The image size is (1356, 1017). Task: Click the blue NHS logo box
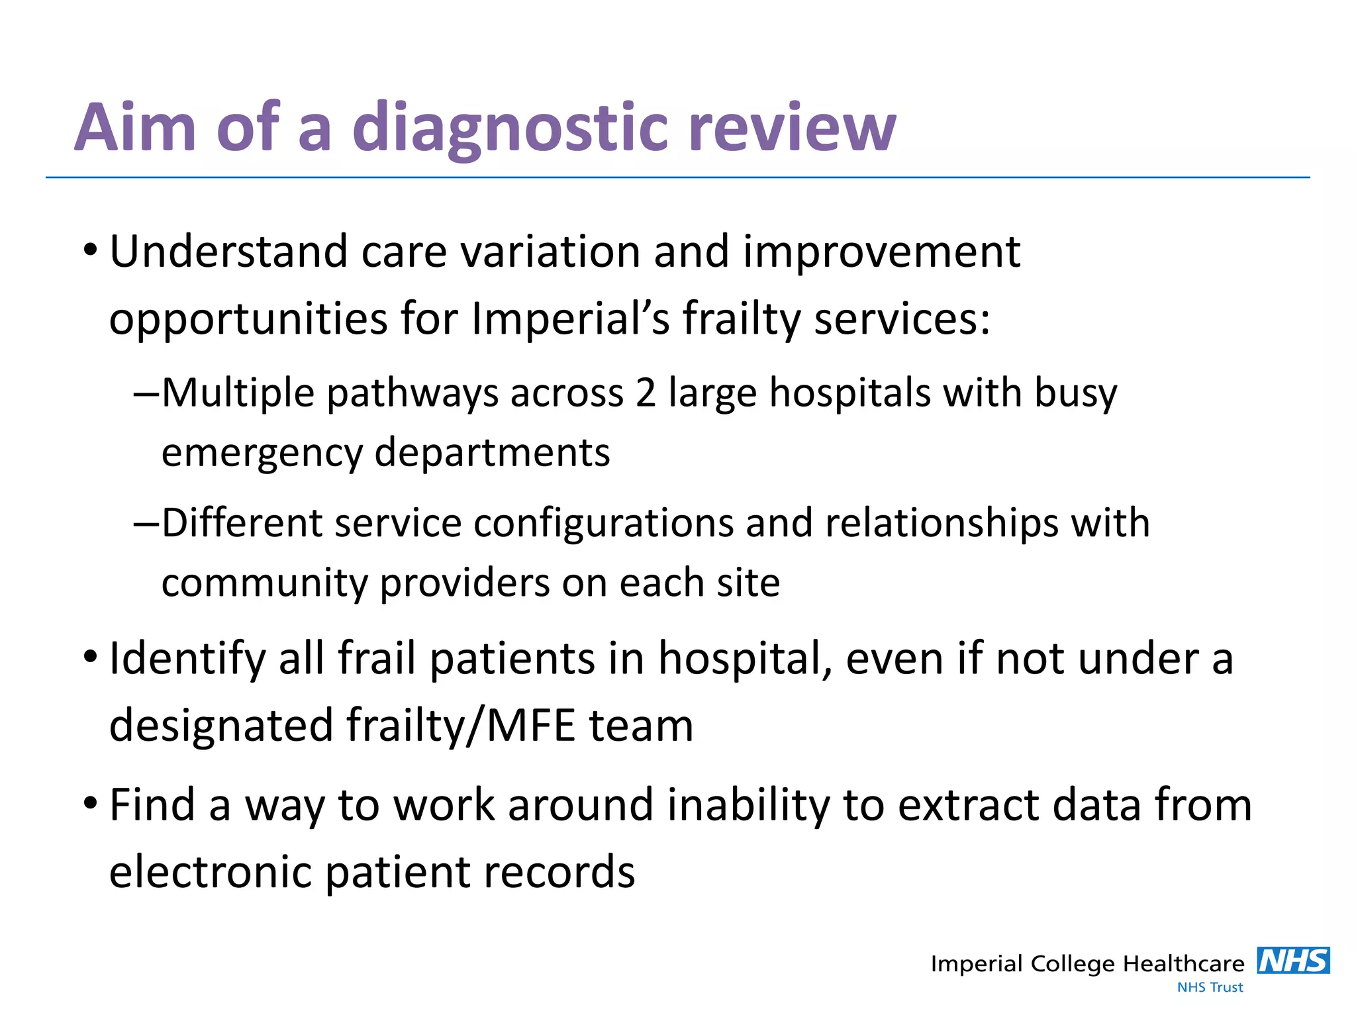click(1293, 961)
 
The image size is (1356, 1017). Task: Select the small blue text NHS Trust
click(1210, 987)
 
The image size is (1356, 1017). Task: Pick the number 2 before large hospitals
click(646, 393)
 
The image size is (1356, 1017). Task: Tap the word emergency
click(262, 454)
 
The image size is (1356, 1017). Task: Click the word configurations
click(603, 523)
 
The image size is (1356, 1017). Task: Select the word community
click(264, 583)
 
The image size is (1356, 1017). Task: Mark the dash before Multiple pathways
click(146, 394)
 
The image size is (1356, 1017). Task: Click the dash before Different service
click(146, 524)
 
